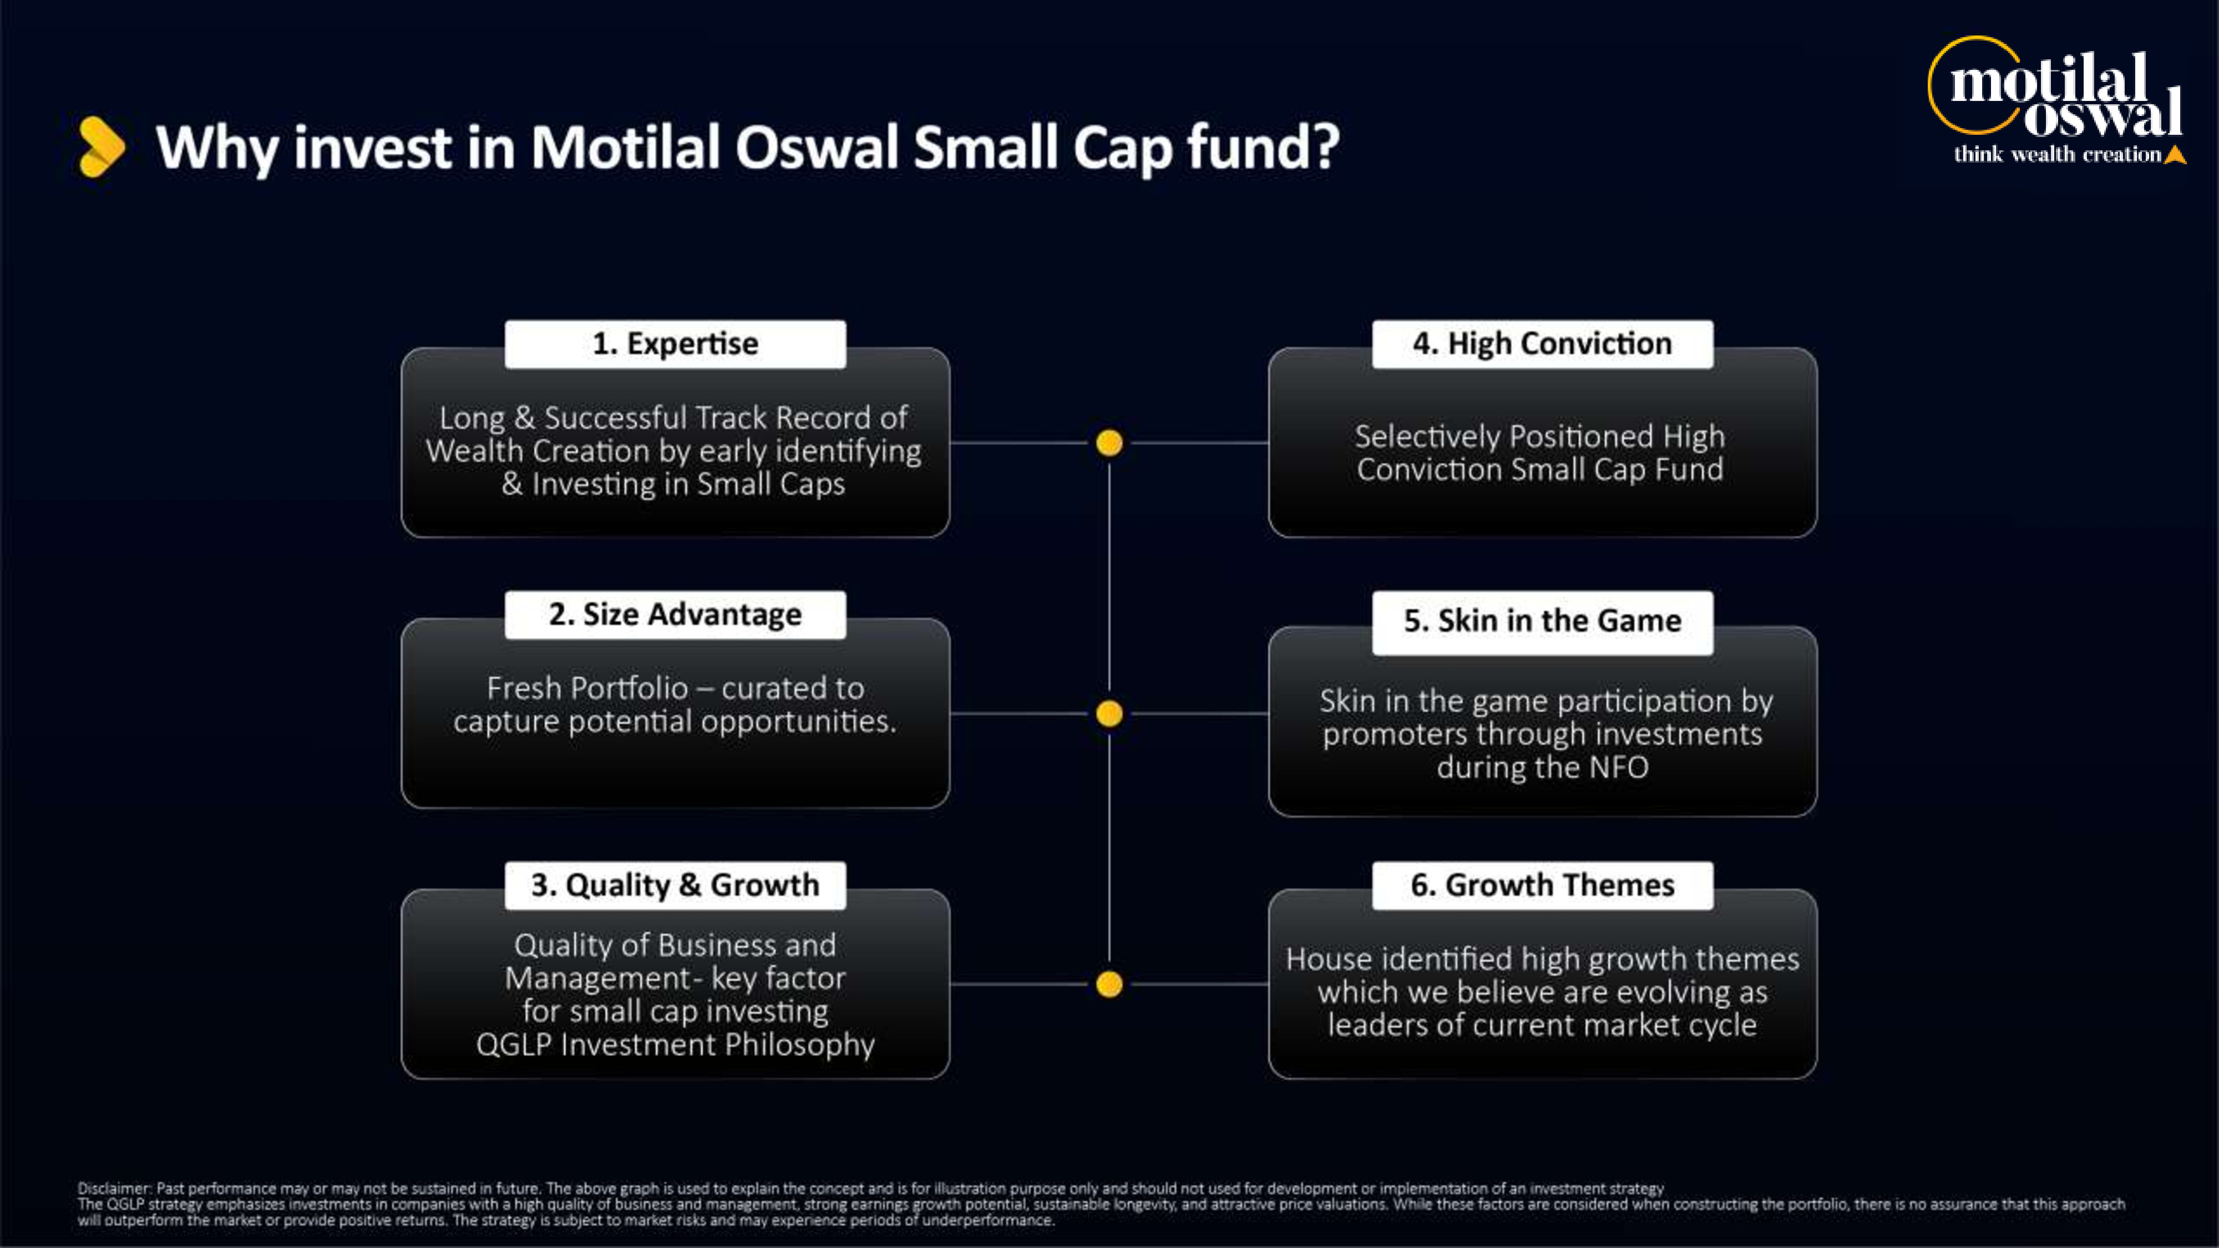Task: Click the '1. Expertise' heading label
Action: coord(675,344)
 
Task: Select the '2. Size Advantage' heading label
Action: coord(675,614)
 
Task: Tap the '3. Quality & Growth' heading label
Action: coord(675,885)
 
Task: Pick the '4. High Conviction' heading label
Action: coord(1542,344)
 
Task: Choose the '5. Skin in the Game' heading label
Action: coord(1542,621)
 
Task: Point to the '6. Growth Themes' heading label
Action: coord(1542,885)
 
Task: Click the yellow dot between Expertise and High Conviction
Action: coord(1109,443)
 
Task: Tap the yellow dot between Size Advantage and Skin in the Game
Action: coord(1109,713)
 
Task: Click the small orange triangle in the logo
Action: coord(2175,155)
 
